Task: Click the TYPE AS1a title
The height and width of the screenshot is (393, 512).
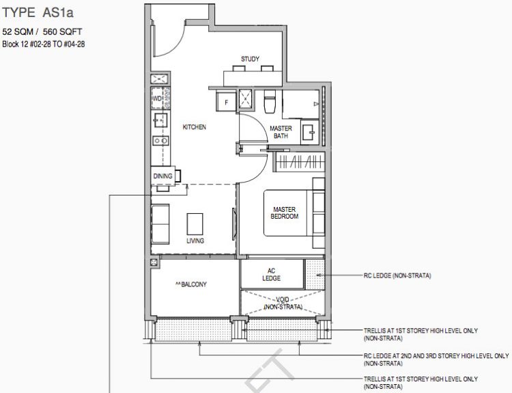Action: [38, 12]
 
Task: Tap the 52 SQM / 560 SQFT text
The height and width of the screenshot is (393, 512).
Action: [42, 31]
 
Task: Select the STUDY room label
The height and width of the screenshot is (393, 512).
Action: [250, 59]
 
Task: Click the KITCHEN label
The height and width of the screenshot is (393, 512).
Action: [195, 127]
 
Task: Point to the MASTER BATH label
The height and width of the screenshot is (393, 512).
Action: [281, 132]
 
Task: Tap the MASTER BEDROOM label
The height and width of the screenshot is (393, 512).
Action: [285, 213]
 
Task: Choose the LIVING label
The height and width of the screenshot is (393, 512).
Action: [195, 241]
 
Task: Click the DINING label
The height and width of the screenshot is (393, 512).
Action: [162, 176]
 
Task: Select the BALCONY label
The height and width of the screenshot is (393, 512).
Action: [191, 284]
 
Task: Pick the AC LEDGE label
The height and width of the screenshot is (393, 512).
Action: [271, 274]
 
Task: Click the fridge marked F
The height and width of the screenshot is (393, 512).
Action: [226, 102]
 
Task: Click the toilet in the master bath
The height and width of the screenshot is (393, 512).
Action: [270, 101]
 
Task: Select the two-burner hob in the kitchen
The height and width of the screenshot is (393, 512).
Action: [160, 141]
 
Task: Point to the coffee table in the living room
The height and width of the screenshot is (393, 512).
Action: [195, 224]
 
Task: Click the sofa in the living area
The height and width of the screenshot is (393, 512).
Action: [160, 224]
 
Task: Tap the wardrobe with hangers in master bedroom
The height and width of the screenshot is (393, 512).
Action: [300, 161]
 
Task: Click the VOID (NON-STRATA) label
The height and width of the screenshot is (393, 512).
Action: [283, 303]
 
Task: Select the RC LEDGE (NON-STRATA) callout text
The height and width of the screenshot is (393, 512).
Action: [397, 275]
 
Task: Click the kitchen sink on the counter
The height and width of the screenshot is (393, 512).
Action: [160, 120]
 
